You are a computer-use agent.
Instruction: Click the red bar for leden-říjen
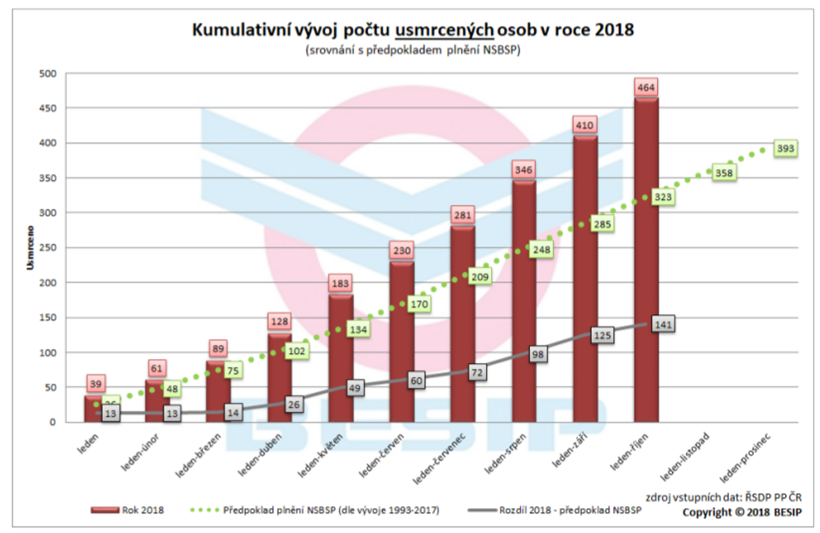[646, 258]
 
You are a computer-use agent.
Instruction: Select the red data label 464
[646, 87]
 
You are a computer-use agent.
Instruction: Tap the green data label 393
[785, 149]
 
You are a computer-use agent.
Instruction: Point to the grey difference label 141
[663, 324]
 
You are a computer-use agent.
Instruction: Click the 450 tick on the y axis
[48, 108]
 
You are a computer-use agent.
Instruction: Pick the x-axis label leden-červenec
[439, 458]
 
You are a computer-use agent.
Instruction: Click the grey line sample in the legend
[482, 510]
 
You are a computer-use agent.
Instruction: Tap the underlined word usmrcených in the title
[445, 30]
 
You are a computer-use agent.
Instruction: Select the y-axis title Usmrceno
[30, 248]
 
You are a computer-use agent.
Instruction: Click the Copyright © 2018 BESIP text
[742, 513]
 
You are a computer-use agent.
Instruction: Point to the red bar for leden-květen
[341, 359]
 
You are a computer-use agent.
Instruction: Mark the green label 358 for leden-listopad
[724, 173]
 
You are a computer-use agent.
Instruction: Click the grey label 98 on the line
[538, 355]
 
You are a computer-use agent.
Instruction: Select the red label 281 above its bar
[462, 215]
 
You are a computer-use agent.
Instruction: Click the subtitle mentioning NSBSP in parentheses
[413, 50]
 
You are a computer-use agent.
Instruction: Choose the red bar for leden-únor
[157, 402]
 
